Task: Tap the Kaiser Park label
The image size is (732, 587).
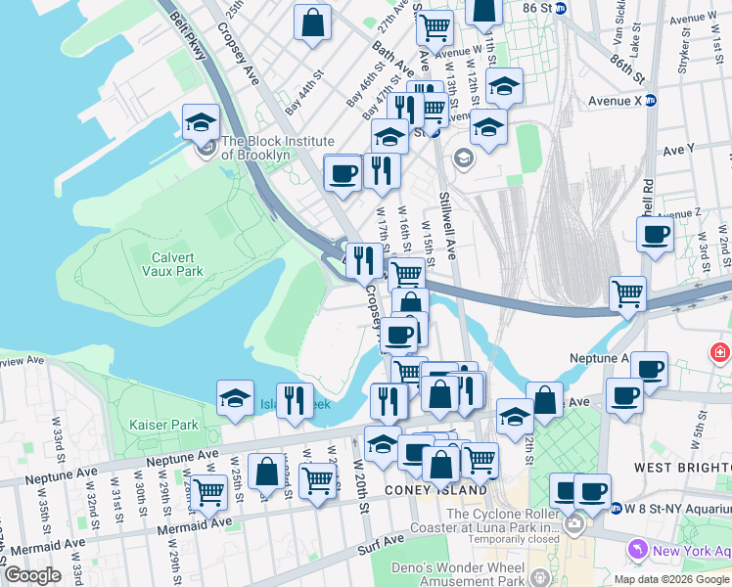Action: click(x=163, y=425)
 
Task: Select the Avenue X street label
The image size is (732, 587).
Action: click(x=615, y=101)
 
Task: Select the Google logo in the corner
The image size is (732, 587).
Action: click(x=32, y=575)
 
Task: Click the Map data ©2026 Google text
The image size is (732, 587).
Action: click(x=671, y=579)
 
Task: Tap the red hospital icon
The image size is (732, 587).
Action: click(x=721, y=351)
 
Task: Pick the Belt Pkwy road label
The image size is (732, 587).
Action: click(x=192, y=35)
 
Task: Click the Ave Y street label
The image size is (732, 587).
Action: click(x=678, y=150)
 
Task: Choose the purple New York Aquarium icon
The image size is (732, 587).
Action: click(x=639, y=550)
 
